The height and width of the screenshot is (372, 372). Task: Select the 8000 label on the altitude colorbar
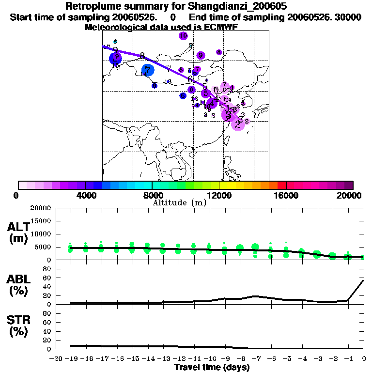tap(152, 195)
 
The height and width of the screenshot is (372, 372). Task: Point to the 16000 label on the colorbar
tap(286, 195)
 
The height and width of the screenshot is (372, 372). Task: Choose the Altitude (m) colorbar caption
tap(179, 202)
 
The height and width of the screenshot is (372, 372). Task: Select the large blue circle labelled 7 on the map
tap(147, 70)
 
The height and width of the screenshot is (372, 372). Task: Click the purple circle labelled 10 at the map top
tap(183, 36)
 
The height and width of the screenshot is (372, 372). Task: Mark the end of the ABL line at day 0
tap(364, 280)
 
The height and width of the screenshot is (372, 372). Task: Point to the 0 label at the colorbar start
tap(18, 195)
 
